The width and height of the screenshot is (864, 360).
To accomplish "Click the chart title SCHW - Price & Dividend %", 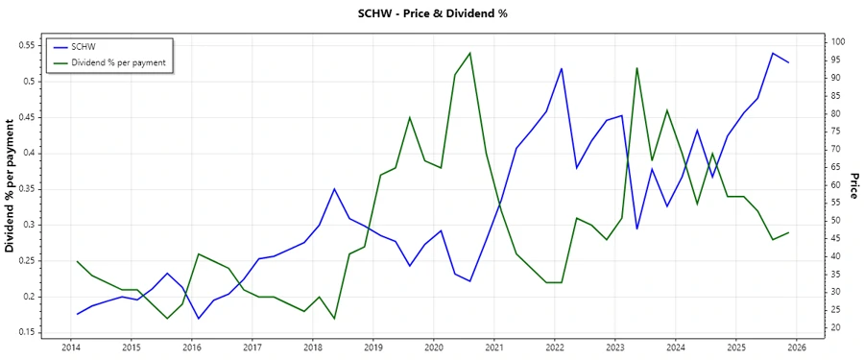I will pyautogui.click(x=431, y=13).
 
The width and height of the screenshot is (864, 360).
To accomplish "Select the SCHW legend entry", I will pyautogui.click(x=84, y=46).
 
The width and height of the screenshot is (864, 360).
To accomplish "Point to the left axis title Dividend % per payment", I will pyautogui.click(x=11, y=186).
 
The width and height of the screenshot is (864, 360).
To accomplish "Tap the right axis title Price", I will pyautogui.click(x=854, y=186).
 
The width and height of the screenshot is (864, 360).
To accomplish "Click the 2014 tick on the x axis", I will pyautogui.click(x=71, y=348).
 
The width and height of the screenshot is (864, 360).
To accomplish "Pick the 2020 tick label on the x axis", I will pyautogui.click(x=434, y=348).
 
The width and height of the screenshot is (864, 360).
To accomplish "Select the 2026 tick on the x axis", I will pyautogui.click(x=797, y=348).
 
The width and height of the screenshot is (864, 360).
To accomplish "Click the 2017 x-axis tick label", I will pyautogui.click(x=252, y=348).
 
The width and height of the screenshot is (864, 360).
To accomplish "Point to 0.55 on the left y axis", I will pyautogui.click(x=27, y=45).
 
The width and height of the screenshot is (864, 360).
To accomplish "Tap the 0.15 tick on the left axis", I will pyautogui.click(x=27, y=332).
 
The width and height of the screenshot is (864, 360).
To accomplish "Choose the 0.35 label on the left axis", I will pyautogui.click(x=27, y=189).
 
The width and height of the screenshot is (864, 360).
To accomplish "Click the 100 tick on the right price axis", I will pyautogui.click(x=838, y=42).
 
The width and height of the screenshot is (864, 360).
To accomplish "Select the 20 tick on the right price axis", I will pyautogui.click(x=836, y=328).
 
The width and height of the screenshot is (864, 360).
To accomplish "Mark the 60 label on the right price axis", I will pyautogui.click(x=836, y=185).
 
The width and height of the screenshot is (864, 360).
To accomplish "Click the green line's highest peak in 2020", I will pyautogui.click(x=469, y=53).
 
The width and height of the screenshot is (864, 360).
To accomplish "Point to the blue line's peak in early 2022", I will pyautogui.click(x=561, y=69).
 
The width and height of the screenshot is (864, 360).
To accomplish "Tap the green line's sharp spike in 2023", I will pyautogui.click(x=636, y=68).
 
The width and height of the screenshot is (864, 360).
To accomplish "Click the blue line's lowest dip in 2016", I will pyautogui.click(x=199, y=319).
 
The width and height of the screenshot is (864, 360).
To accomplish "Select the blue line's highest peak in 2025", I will pyautogui.click(x=773, y=54).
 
